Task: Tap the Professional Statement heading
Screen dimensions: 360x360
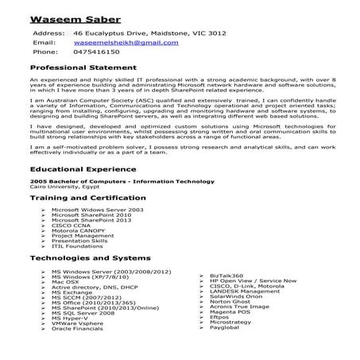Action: [x=83, y=70]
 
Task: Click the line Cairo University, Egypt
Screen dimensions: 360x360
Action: [x=60, y=186]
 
